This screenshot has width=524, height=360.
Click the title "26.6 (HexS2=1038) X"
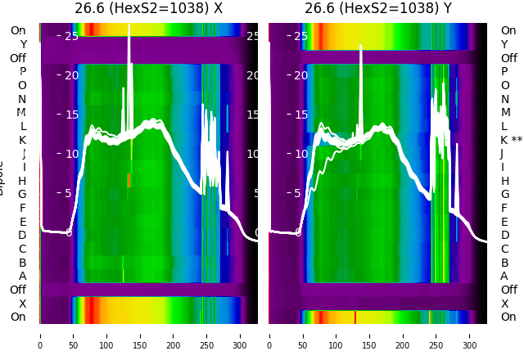(x=148, y=9)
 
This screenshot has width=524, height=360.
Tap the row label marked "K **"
(x=511, y=140)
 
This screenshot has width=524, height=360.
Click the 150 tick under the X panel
(x=140, y=335)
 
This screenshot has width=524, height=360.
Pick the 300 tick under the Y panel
(x=470, y=335)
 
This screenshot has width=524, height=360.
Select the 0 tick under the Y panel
(x=269, y=335)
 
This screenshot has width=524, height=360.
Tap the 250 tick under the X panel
(x=207, y=335)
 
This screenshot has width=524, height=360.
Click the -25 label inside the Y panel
(x=298, y=36)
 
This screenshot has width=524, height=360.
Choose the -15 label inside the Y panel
(x=298, y=115)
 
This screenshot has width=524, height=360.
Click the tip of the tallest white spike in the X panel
(x=129, y=25)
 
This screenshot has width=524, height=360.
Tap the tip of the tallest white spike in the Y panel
(x=361, y=46)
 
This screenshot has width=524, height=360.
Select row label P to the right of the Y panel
(x=504, y=72)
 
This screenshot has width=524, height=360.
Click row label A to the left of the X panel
(x=22, y=276)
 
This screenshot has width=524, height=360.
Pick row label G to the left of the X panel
(x=22, y=194)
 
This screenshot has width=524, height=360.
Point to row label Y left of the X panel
(x=23, y=44)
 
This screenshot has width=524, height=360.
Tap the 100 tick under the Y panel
(x=336, y=335)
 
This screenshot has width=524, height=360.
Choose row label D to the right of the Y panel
(x=504, y=235)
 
